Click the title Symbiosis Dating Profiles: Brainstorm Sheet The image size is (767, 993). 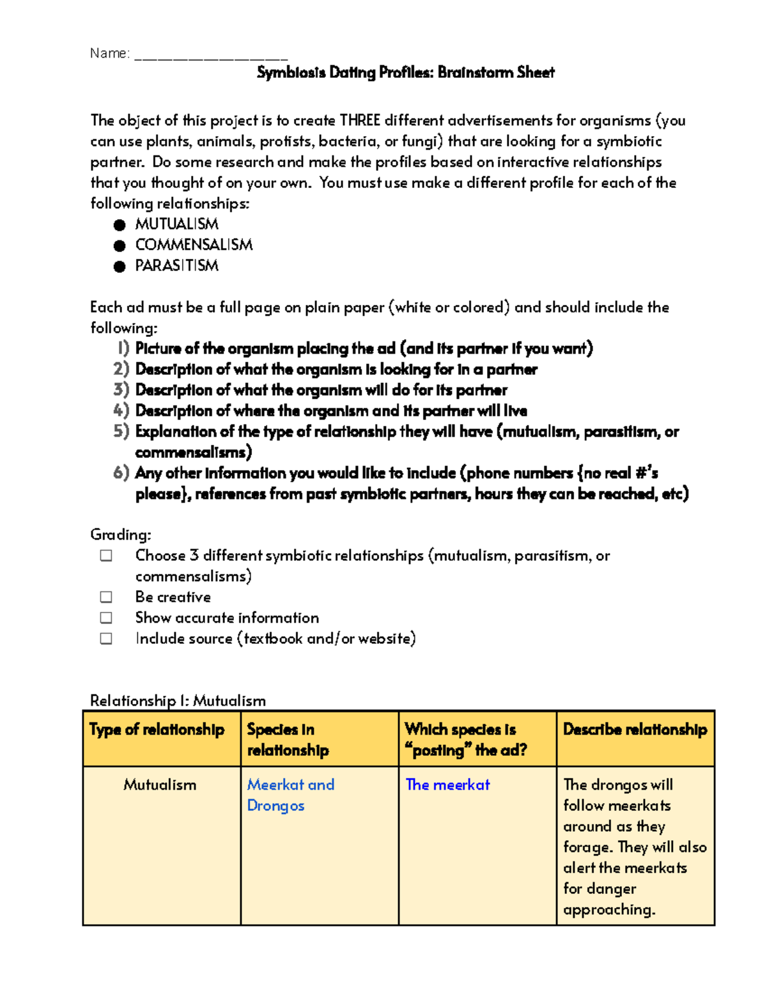click(x=405, y=73)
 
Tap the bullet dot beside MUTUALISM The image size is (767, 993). click(x=120, y=224)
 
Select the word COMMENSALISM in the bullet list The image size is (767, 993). click(x=194, y=245)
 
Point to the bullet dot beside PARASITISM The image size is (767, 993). click(x=120, y=266)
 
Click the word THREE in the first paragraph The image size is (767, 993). click(x=360, y=121)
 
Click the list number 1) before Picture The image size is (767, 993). click(x=123, y=348)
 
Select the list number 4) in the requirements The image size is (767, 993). click(x=121, y=410)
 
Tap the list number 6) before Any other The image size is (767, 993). click(x=121, y=473)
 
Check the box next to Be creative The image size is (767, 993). click(x=106, y=597)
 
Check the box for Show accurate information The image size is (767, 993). click(x=106, y=618)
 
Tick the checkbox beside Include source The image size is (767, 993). click(x=106, y=639)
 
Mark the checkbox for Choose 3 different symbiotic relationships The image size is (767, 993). click(x=106, y=556)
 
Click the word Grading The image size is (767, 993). click(x=120, y=535)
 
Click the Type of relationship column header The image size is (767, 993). click(x=157, y=730)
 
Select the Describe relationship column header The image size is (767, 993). click(x=635, y=730)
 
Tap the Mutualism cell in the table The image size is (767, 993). click(x=160, y=785)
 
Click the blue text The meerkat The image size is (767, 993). click(x=447, y=785)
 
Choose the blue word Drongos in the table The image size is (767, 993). click(x=275, y=806)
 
